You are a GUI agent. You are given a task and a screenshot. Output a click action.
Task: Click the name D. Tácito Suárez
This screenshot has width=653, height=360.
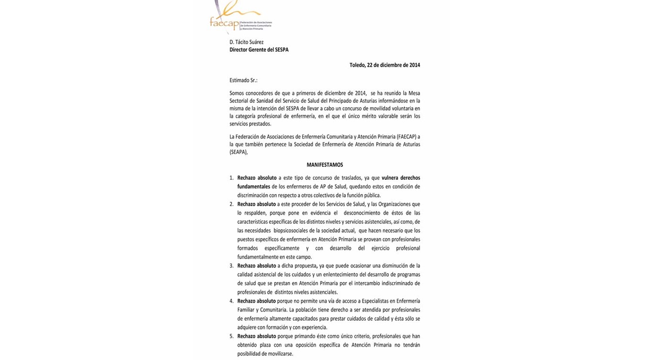click(246, 42)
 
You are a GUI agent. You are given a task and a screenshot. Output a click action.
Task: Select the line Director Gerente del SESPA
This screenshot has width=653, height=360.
click(259, 50)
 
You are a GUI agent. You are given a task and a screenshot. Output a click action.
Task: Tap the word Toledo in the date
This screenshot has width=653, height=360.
click(357, 65)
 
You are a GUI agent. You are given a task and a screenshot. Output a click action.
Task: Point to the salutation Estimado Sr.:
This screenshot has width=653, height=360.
click(243, 80)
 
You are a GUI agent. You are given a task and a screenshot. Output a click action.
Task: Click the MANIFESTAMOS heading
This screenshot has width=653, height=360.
click(325, 165)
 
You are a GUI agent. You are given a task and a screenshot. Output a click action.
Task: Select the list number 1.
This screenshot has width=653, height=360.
click(232, 178)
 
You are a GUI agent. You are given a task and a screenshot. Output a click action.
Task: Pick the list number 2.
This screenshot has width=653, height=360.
click(232, 204)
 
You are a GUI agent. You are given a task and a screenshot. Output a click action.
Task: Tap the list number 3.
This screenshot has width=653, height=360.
click(232, 266)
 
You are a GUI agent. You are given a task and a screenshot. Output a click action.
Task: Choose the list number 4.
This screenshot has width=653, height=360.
click(232, 301)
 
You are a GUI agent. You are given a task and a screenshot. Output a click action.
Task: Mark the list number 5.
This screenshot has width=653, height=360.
click(232, 337)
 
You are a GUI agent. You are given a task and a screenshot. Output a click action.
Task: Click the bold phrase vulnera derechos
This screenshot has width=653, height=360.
click(401, 178)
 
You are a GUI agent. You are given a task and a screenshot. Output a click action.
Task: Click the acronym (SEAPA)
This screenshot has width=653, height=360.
click(238, 152)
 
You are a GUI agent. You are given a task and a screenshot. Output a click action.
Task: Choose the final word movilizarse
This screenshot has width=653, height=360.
click(277, 354)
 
